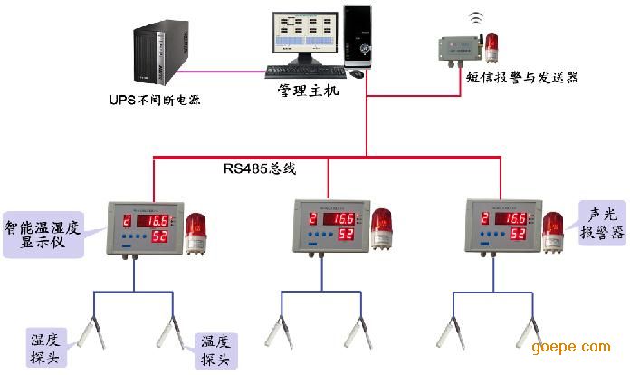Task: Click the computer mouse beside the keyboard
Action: pos(358,73)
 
